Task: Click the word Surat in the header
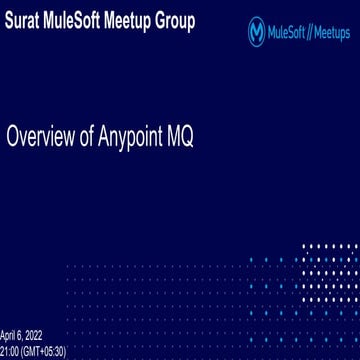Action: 24,21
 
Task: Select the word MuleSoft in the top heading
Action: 81,21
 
